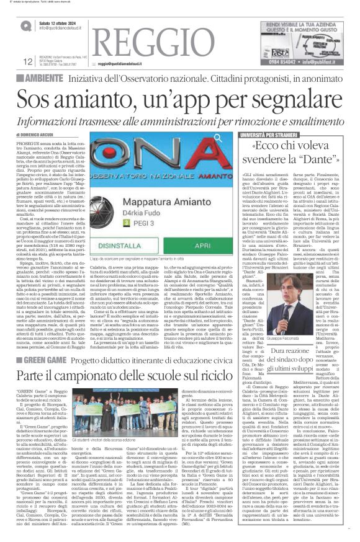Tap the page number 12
point(28,61)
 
